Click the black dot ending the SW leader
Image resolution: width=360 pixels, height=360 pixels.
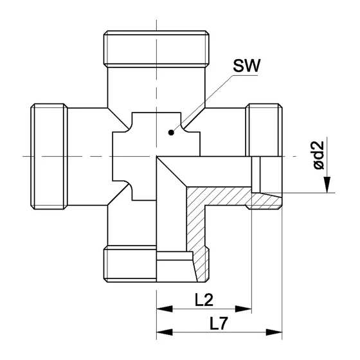(170, 133)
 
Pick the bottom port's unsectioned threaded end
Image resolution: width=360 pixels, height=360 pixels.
(129, 262)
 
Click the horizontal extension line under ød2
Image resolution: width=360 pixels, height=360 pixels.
(309, 192)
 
